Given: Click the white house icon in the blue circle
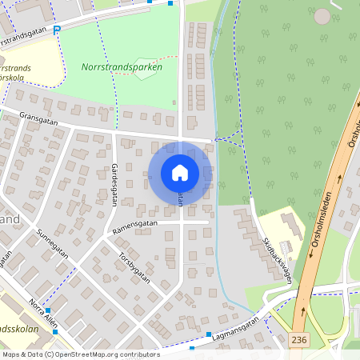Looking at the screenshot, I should [x=180, y=172].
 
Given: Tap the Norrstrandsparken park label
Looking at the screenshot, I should [x=122, y=67].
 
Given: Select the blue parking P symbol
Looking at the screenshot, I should [x=58, y=30].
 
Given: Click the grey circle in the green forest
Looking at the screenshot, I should [x=322, y=16].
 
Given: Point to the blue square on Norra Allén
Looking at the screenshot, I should [x=48, y=310].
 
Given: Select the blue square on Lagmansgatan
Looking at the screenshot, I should [x=209, y=334].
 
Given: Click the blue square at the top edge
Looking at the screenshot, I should [x=170, y=3].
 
